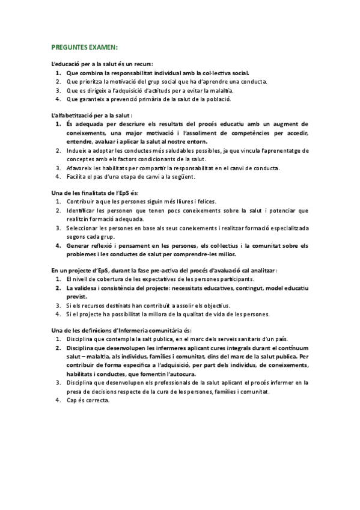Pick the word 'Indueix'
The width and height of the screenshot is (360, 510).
pyautogui.click(x=78, y=150)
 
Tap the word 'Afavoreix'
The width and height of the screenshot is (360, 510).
pyautogui.click(x=81, y=168)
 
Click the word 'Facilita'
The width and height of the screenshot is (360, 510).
pyautogui.click(x=77, y=177)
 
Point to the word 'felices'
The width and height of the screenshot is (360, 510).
pyautogui.click(x=205, y=201)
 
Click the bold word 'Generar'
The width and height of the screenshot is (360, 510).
pyautogui.click(x=80, y=246)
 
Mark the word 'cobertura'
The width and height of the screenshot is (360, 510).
pyautogui.click(x=108, y=280)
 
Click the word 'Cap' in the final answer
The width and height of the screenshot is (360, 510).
pyautogui.click(x=72, y=401)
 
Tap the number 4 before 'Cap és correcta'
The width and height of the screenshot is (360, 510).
pyautogui.click(x=57, y=401)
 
